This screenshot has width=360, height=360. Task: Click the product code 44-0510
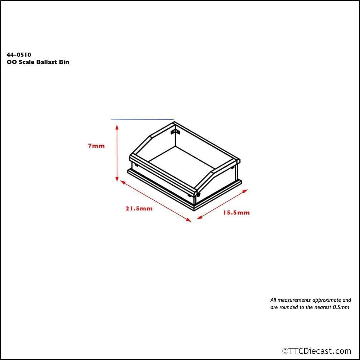coord(19,55)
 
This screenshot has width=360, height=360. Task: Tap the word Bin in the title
coord(64,62)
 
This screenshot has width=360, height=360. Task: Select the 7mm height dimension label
coord(96,146)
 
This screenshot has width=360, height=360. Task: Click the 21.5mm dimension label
coord(139,208)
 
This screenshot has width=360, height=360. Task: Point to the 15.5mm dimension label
coord(236,212)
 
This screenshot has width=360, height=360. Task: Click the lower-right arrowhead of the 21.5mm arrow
coord(189,220)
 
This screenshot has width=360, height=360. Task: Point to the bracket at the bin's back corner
coord(174,132)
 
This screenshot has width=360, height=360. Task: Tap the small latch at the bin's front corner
coord(198,194)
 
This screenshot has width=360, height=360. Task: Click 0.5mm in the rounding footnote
coord(341,307)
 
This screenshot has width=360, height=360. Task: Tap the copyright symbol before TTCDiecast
coord(285,351)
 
